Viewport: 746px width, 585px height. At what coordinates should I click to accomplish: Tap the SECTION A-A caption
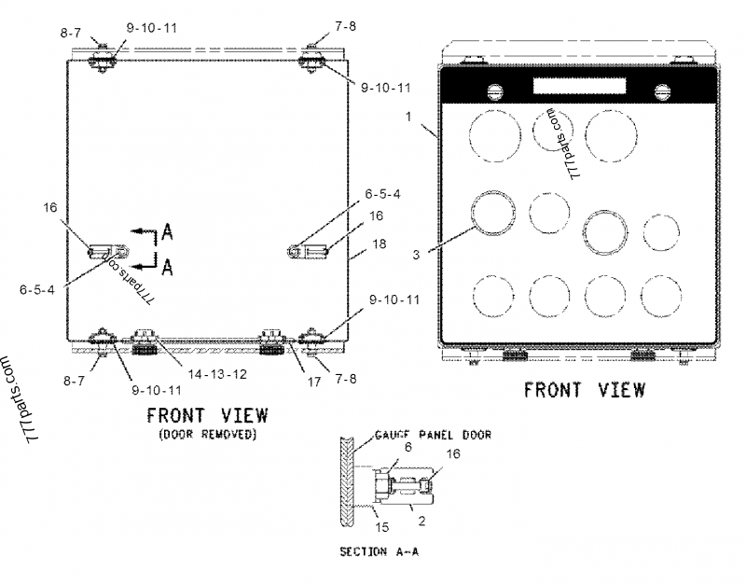pyautogui.click(x=379, y=552)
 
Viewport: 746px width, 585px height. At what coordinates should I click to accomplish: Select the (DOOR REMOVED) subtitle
pyautogui.click(x=207, y=435)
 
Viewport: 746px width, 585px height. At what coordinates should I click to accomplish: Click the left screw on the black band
pyautogui.click(x=497, y=91)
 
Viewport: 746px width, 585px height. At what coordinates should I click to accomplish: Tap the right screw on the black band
pyautogui.click(x=662, y=91)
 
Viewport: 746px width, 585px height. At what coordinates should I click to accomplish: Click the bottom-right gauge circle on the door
pyautogui.click(x=663, y=299)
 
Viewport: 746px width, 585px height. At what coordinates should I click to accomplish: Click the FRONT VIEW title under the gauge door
pyautogui.click(x=584, y=389)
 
